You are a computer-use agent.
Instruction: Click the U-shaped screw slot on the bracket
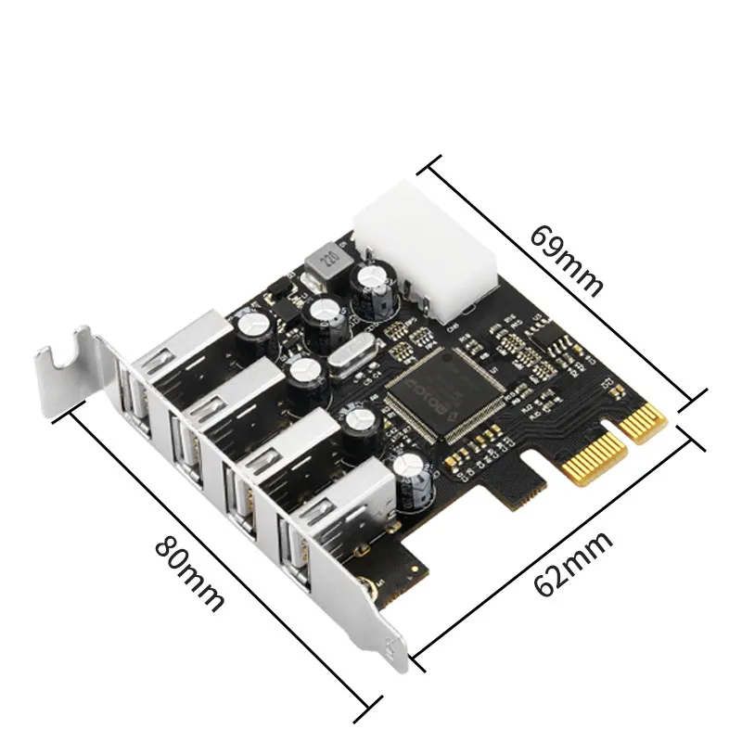pyautogui.click(x=70, y=363)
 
